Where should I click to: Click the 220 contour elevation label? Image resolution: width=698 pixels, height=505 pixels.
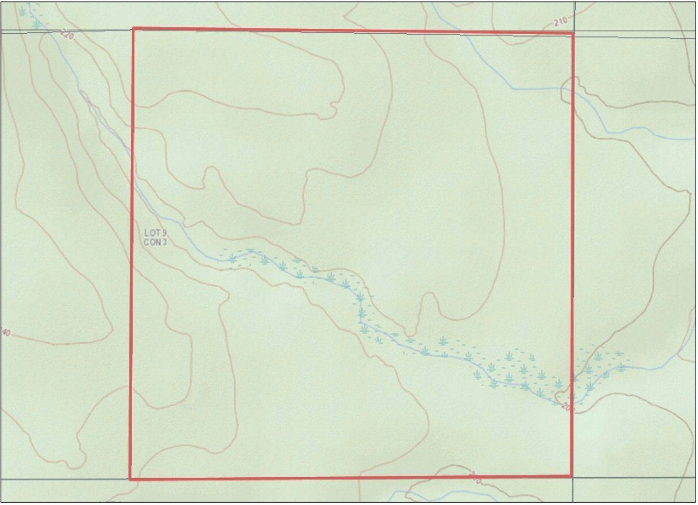tap(68, 35)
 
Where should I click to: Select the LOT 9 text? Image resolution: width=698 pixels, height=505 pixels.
tap(156, 233)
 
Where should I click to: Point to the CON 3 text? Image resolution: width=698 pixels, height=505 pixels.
tap(156, 242)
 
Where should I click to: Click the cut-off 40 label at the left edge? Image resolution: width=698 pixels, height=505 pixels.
tap(5, 332)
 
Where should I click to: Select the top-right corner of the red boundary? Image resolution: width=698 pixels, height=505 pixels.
tap(573, 33)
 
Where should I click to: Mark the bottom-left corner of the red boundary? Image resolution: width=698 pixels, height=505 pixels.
tap(130, 479)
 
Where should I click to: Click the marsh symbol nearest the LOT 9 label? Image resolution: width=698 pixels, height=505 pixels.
tap(232, 259)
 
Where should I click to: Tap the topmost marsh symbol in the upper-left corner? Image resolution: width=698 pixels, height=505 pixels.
tap(23, 11)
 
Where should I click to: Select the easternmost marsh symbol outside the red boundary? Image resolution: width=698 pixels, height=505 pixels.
tap(621, 367)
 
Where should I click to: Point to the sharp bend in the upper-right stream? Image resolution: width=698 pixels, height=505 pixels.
tap(513, 89)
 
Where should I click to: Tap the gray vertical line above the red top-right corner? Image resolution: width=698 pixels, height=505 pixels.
tap(574, 14)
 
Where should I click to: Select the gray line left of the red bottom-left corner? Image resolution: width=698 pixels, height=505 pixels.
tap(62, 479)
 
